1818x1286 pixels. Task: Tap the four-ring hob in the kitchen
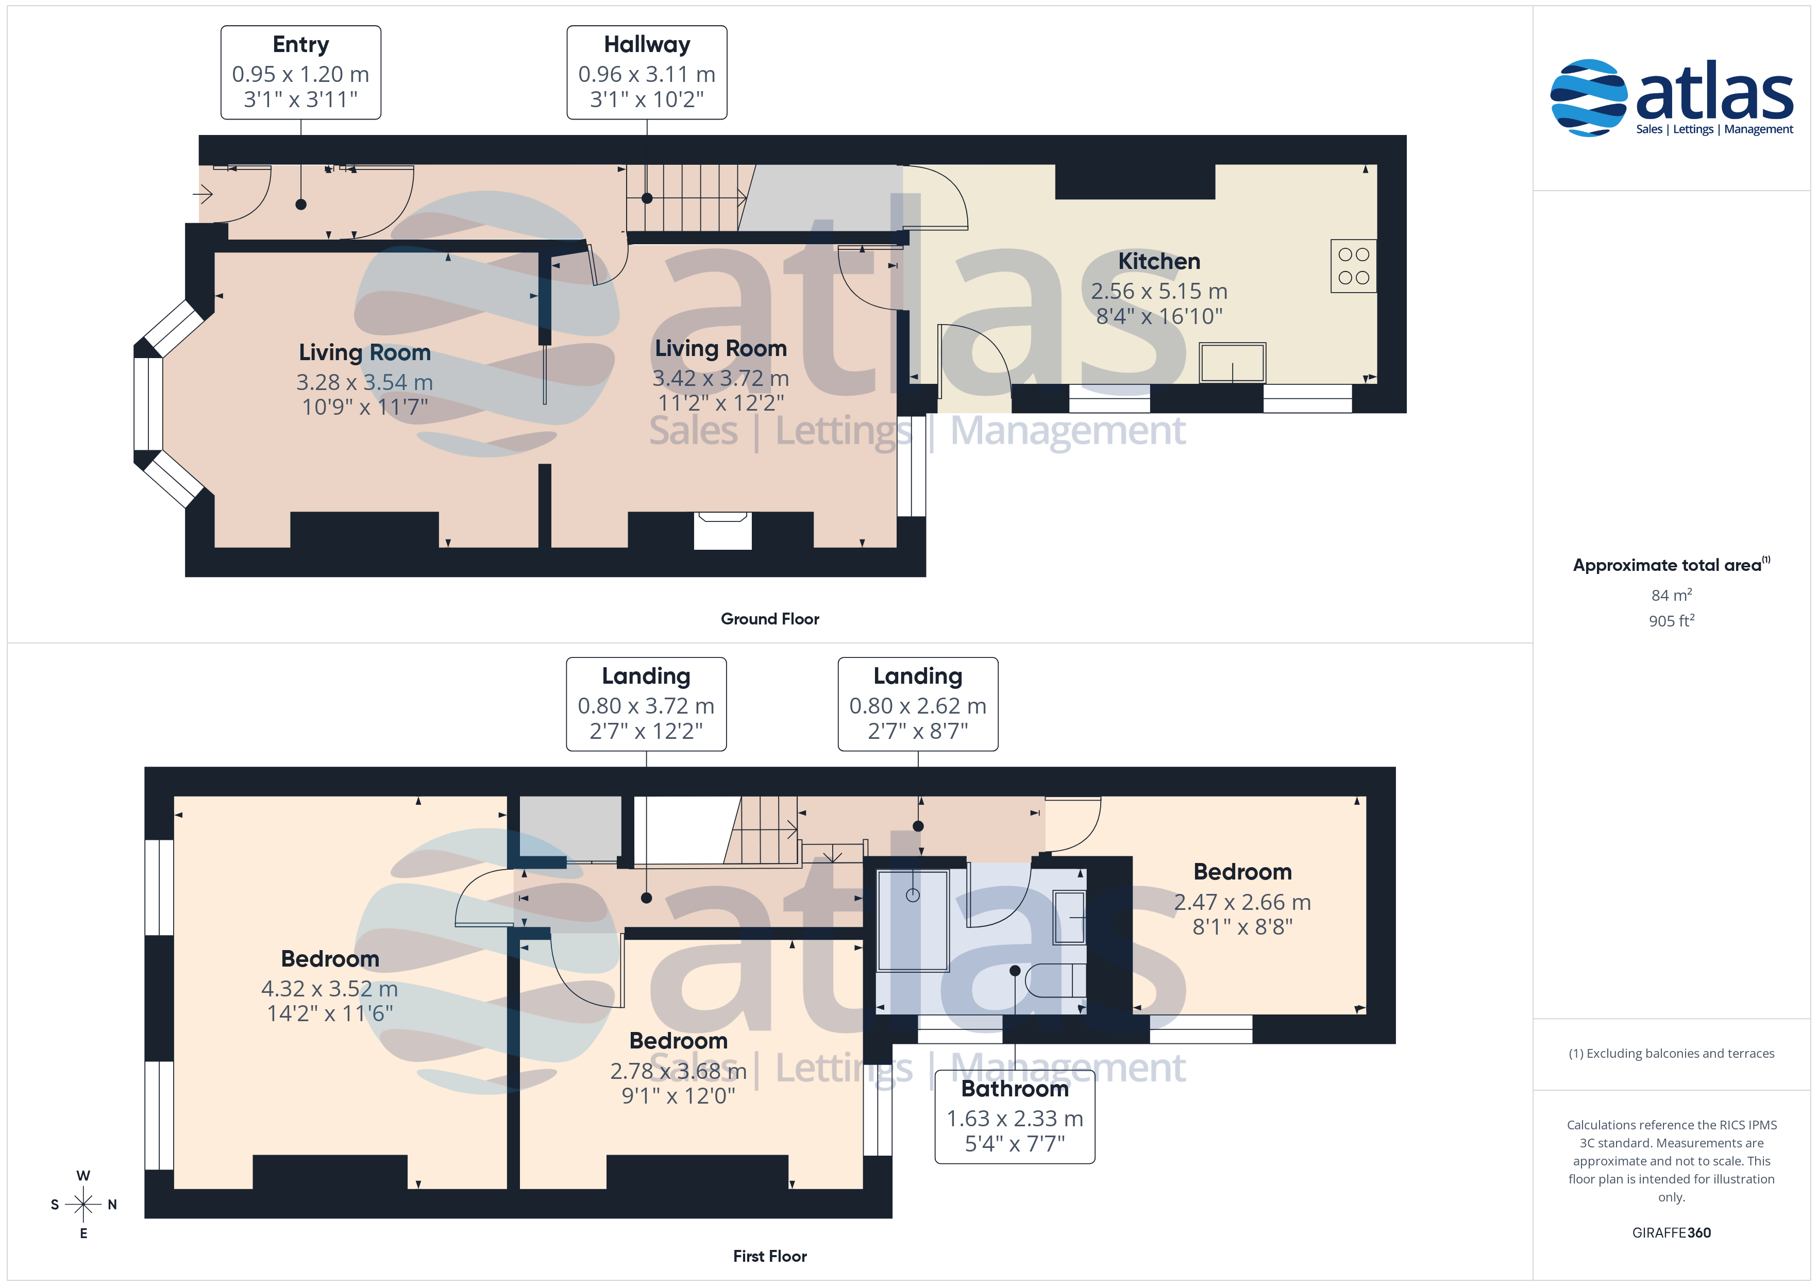coord(1353,266)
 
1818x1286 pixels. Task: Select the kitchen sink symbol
coord(1232,363)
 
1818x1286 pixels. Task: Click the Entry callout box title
coord(301,44)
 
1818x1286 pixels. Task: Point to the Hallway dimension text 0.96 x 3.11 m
coord(647,74)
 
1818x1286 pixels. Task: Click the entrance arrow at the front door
coord(203,193)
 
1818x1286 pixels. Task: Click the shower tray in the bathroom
coord(913,920)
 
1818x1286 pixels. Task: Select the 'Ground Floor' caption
coord(770,618)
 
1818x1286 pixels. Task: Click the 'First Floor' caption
coord(770,1256)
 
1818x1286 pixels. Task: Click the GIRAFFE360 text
coord(1672,1232)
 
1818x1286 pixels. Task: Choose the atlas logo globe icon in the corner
coord(1588,97)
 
